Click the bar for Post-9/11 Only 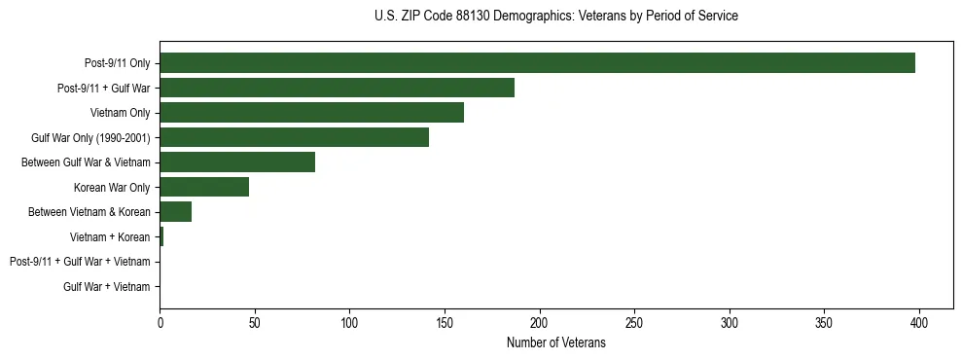[537, 63]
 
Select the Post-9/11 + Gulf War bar [337, 88]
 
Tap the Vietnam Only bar [311, 113]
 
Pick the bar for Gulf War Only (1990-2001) [294, 137]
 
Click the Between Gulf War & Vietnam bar [237, 162]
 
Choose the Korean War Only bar [204, 187]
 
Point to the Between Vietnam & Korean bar [175, 212]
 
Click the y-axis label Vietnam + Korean [110, 237]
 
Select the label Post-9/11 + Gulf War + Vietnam [80, 262]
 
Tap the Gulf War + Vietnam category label [107, 287]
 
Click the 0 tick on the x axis [160, 323]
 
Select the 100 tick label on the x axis [349, 323]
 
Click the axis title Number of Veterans [555, 342]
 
